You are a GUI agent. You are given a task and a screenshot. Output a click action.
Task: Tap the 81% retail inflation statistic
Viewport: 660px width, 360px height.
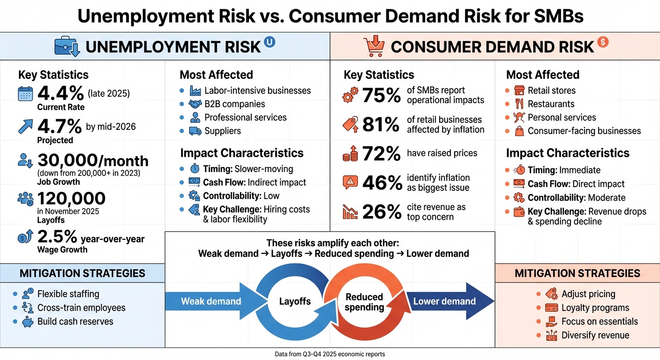pyautogui.click(x=381, y=125)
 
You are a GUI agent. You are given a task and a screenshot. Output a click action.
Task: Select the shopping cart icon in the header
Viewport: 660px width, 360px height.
pyautogui.click(x=374, y=46)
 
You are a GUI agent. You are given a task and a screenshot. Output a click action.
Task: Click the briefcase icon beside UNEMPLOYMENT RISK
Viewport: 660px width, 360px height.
pyautogui.click(x=67, y=46)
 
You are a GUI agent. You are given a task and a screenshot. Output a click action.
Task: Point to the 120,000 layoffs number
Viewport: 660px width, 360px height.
pyautogui.click(x=71, y=198)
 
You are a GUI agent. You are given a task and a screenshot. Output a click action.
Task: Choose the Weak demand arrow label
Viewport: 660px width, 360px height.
pyautogui.click(x=211, y=301)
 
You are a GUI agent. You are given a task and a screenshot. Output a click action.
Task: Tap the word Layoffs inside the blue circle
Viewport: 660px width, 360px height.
pyautogui.click(x=295, y=301)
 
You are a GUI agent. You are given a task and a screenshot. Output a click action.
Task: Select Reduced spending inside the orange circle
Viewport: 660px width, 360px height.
pyautogui.click(x=364, y=302)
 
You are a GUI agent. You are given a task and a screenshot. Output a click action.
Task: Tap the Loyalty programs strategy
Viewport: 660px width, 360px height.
pyautogui.click(x=595, y=308)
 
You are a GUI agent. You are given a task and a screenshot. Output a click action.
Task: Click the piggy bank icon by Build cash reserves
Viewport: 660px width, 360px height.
pyautogui.click(x=27, y=322)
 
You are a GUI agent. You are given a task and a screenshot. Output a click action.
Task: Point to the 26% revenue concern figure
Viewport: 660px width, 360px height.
pyautogui.click(x=381, y=212)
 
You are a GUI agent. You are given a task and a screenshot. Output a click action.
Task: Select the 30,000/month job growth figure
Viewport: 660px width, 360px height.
pyautogui.click(x=92, y=161)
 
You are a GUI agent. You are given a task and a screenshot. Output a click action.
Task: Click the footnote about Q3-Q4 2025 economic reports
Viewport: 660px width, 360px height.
pyautogui.click(x=330, y=354)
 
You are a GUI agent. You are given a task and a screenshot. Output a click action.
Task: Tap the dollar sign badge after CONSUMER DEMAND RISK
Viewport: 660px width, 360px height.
pyautogui.click(x=603, y=42)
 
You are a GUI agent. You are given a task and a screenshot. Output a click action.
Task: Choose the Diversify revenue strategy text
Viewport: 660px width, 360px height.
pyautogui.click(x=595, y=335)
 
